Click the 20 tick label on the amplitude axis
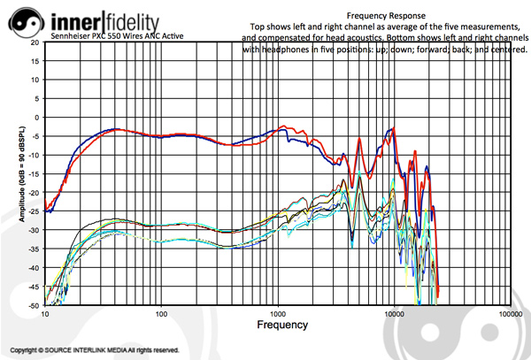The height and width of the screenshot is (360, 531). click(35, 42)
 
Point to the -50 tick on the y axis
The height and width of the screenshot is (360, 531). click(33, 305)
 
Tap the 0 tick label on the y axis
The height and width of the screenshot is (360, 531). click(37, 118)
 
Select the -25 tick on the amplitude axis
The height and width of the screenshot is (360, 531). click(33, 211)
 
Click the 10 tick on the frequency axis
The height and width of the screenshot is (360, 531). click(44, 314)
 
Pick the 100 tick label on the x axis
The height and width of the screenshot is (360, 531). click(161, 314)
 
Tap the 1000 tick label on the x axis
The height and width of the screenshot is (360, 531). click(277, 314)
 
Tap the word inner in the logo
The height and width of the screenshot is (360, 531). click(78, 19)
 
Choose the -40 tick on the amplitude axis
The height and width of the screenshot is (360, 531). click(33, 268)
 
